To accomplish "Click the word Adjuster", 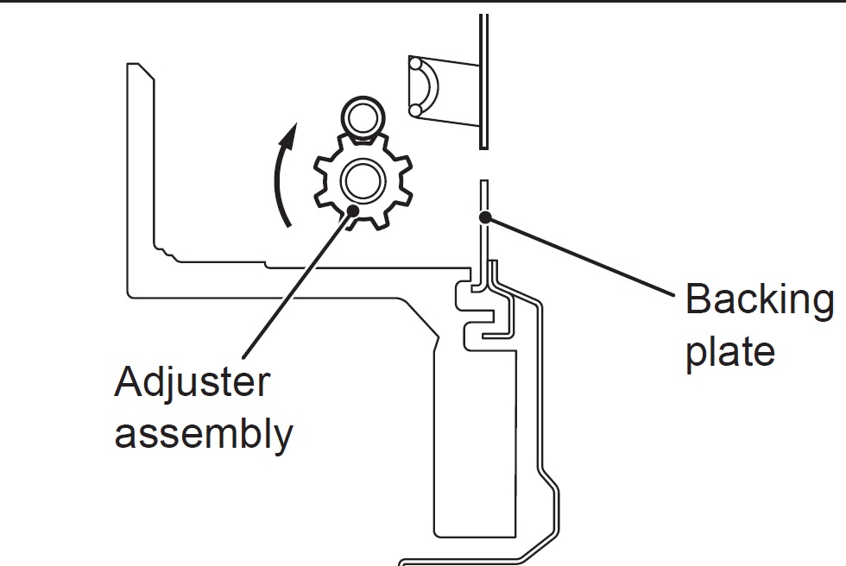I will point(191,382).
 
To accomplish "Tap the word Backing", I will point(759,300).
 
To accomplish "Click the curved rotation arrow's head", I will point(293,132).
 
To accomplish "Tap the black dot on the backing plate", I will point(486,217).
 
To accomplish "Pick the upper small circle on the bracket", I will point(416,64).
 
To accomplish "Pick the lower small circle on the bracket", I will point(416,109).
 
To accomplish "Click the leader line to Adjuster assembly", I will point(294,285).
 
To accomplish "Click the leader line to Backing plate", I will point(578,255).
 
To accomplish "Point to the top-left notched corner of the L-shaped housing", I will point(136,68).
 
